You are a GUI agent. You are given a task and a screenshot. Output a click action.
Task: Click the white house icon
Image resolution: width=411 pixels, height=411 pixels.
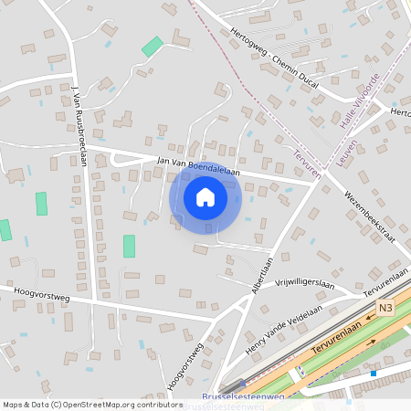point(205,196)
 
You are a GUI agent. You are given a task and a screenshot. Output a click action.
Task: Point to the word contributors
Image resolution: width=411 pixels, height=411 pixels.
point(160,404)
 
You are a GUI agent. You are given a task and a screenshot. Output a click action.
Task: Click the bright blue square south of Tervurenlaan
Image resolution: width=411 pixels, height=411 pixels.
point(373,373)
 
